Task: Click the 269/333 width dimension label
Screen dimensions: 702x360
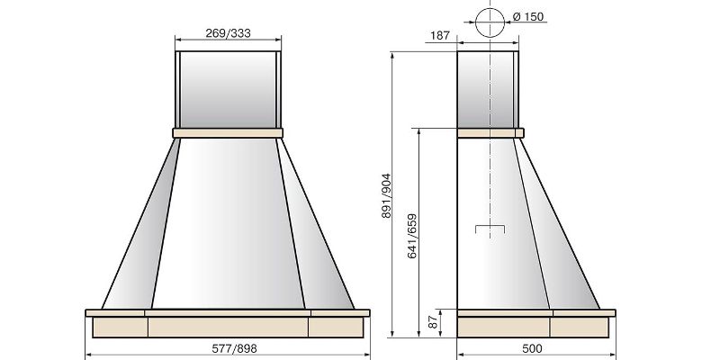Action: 228,33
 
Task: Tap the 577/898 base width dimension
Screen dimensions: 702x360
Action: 234,348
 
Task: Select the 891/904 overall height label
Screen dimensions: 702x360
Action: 386,195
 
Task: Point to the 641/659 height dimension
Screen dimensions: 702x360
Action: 412,236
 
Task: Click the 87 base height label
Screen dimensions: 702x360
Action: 433,322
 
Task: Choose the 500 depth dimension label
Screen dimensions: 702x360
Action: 532,348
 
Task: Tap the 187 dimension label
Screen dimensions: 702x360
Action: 439,35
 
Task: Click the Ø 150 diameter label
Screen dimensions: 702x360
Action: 527,17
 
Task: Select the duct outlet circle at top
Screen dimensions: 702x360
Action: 490,22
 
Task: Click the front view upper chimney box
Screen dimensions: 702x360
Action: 228,90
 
